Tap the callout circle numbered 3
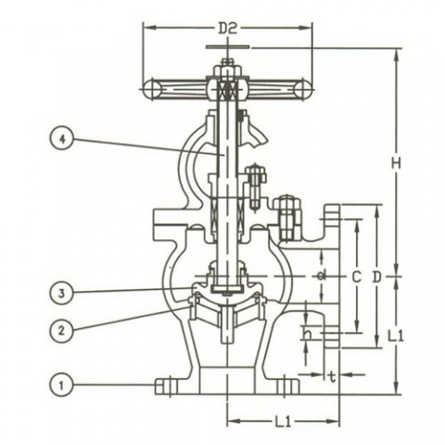pyautogui.click(x=62, y=293)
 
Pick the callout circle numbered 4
pyautogui.click(x=62, y=139)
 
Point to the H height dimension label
pyautogui.click(x=395, y=163)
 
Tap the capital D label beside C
pyautogui.click(x=376, y=276)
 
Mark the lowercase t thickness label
pyautogui.click(x=331, y=375)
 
